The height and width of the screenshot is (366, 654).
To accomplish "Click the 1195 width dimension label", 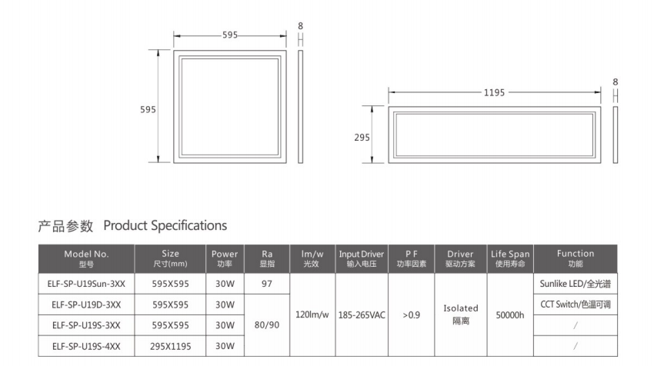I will point(494,92).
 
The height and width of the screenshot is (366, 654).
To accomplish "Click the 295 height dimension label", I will point(362,138).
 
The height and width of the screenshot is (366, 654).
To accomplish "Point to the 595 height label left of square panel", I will point(148,109).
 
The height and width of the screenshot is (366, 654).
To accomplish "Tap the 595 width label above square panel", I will point(230,35).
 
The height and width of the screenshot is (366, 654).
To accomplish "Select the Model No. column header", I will point(86,258).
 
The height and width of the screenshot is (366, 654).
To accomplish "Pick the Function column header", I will point(575,258).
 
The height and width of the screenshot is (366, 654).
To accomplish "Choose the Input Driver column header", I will point(361,258).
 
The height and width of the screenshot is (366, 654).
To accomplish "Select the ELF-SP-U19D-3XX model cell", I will point(86,304).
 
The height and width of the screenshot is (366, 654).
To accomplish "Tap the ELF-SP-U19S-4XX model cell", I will point(86,347).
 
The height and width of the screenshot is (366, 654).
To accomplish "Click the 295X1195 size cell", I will point(171,347).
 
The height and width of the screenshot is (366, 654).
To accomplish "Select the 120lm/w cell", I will point(311,314).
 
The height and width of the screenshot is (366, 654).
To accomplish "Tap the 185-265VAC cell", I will point(361,314).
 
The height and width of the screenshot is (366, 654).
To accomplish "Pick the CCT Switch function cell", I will point(575,304).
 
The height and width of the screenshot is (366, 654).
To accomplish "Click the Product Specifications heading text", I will point(165,226).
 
